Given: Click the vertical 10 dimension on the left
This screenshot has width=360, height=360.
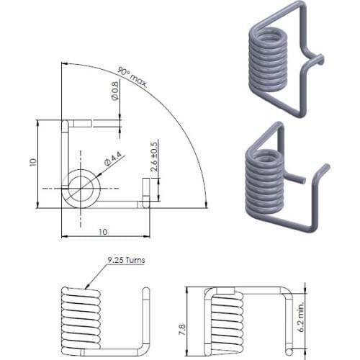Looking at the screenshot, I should [33, 163].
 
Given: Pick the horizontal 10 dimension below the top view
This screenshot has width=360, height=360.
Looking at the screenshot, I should [104, 231].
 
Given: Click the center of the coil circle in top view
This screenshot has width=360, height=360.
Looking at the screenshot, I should [80, 189].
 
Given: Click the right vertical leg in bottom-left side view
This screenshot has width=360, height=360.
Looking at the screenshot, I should [146, 321].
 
